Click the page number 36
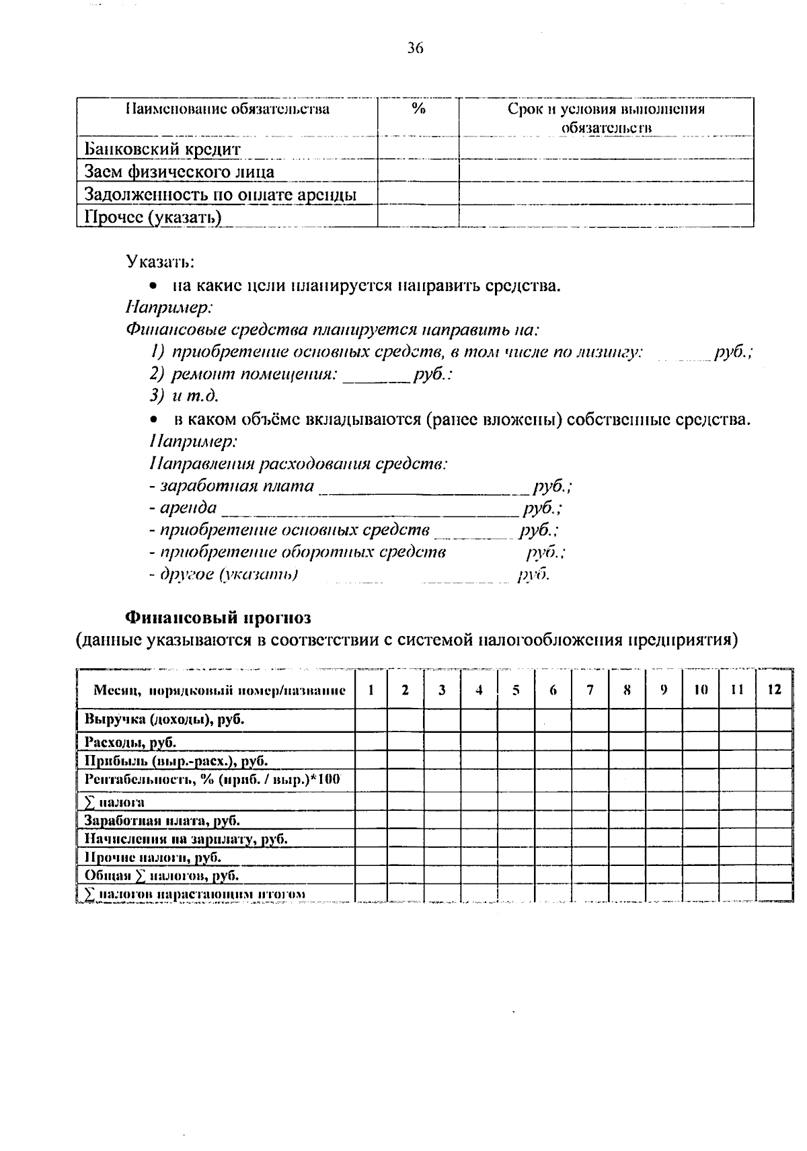pos(415,48)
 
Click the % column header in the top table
pos(418,110)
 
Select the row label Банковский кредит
pos(162,149)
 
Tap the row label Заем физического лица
pos(179,172)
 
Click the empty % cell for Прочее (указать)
pos(418,216)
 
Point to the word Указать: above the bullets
pos(160,260)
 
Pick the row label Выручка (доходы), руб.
pos(164,720)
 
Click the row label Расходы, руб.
pos(130,743)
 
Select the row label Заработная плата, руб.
pos(162,821)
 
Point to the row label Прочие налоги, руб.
pos(153,857)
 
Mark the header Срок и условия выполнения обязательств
pos(606,118)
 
